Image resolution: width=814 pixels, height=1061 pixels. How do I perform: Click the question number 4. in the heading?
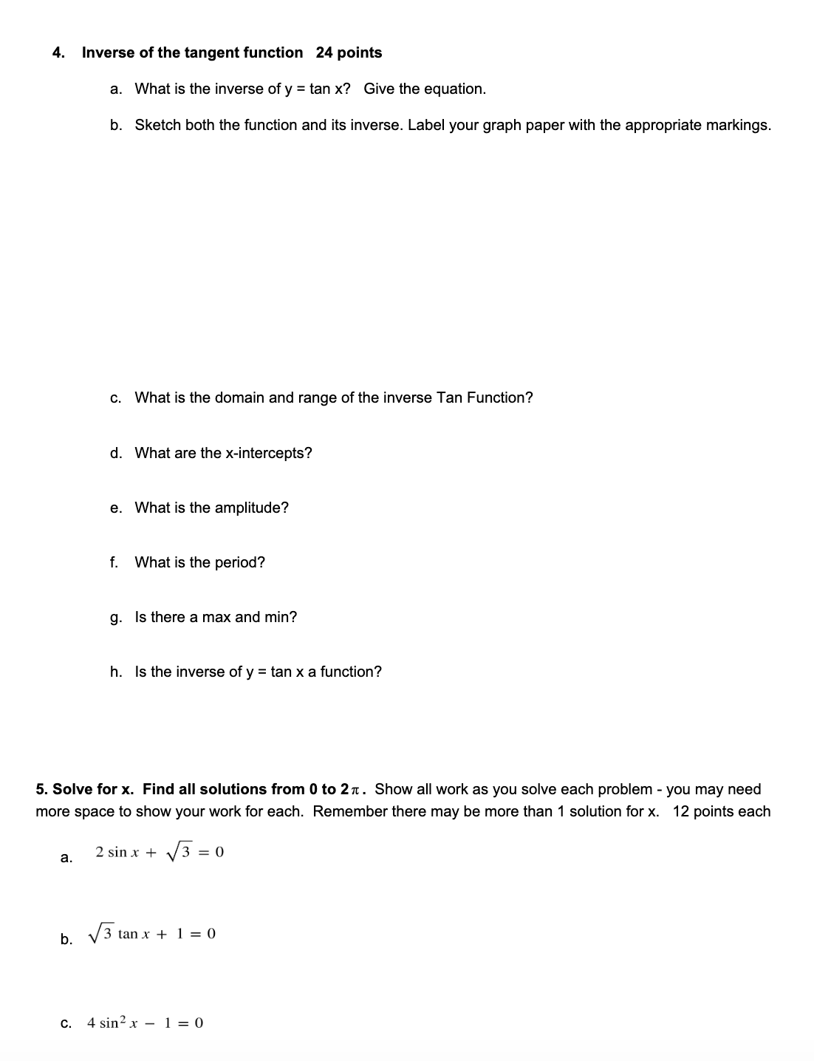58,52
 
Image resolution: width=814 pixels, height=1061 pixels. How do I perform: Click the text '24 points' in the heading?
349,52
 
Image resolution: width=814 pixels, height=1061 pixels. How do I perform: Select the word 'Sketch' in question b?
157,125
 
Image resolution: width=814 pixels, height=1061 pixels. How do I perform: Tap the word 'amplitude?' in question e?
252,508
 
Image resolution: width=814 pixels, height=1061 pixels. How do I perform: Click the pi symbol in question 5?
356,790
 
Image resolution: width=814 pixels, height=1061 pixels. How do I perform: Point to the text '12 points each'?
721,811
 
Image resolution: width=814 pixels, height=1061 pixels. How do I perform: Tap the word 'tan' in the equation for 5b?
128,934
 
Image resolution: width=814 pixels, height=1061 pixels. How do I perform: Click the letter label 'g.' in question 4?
116,617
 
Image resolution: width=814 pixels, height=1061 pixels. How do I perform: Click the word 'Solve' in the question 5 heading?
72,789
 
